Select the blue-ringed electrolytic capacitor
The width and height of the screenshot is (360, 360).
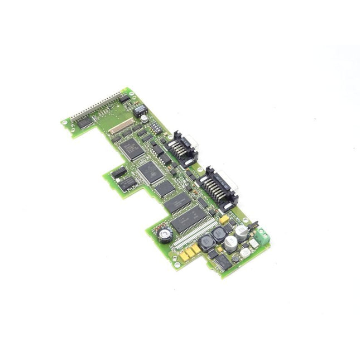(165, 235)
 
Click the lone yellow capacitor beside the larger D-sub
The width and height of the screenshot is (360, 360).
(223, 220)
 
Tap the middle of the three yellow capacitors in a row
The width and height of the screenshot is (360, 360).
(189, 252)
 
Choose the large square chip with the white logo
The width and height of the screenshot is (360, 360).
(151, 172)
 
